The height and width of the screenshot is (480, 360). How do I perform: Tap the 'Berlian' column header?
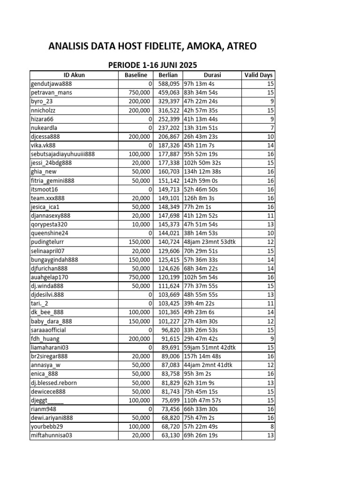168,75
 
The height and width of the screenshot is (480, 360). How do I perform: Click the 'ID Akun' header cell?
74,75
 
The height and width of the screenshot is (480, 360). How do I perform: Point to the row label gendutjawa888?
51,84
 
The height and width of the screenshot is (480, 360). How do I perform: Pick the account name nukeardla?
44,127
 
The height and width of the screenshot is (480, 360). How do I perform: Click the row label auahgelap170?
49,277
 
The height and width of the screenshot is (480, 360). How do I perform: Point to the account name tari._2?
40,303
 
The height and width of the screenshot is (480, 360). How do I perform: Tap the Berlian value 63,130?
167,435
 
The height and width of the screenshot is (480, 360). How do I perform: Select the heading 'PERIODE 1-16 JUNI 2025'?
152,65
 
